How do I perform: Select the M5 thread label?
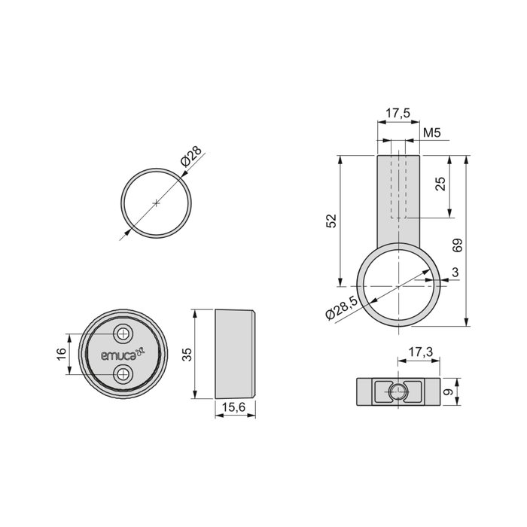click(431, 133)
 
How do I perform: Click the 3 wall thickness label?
click(457, 271)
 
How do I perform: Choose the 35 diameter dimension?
click(185, 354)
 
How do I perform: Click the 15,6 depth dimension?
click(236, 407)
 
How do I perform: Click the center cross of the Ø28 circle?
click(156, 203)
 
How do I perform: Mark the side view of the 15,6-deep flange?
click(236, 354)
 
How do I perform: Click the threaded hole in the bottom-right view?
click(397, 391)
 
